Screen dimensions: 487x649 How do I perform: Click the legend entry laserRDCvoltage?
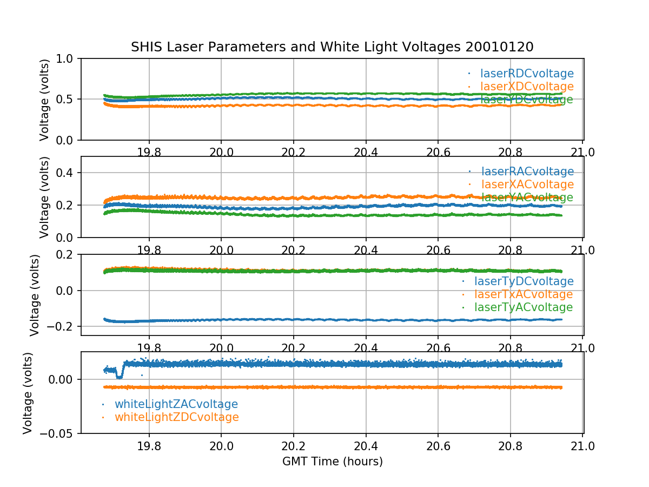[527, 74]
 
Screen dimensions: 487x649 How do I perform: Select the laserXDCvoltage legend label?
[527, 87]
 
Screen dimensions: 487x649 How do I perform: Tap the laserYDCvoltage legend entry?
[527, 100]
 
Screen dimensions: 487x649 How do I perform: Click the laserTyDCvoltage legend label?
[524, 281]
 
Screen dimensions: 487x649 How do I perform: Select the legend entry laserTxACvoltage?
[523, 294]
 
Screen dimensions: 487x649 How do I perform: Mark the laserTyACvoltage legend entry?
[523, 307]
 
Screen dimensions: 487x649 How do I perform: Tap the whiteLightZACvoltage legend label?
[176, 404]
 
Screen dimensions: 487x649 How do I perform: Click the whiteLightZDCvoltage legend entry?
[176, 417]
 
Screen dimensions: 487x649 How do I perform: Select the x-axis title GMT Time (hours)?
[332, 462]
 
